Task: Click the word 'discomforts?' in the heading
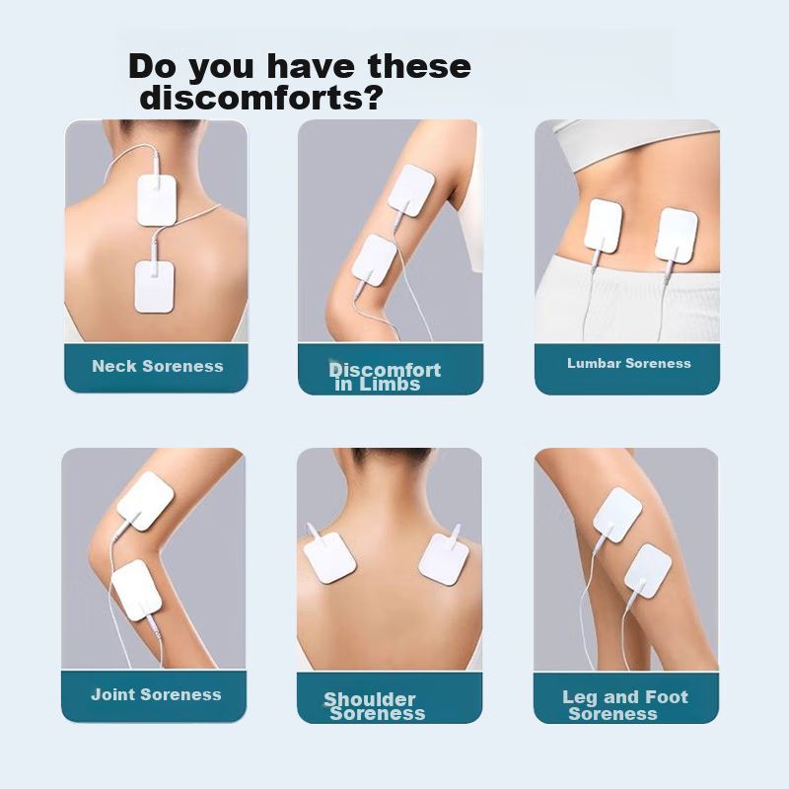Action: (260, 98)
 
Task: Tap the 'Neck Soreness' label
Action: (158, 366)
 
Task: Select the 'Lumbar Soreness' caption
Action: (629, 363)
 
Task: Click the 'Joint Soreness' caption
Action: (156, 694)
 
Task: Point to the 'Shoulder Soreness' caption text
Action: (375, 706)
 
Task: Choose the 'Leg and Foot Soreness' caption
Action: (625, 705)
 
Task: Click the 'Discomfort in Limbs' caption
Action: (385, 377)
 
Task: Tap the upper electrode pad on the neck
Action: (157, 200)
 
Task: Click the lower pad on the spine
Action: (154, 286)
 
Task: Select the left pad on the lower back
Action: (604, 226)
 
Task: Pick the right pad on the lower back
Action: (677, 235)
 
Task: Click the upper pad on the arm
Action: (411, 190)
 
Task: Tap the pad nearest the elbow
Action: (375, 260)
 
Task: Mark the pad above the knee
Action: (145, 501)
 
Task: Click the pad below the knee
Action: (136, 590)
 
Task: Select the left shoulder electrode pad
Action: (329, 558)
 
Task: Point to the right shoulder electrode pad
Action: (444, 559)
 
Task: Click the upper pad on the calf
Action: (617, 515)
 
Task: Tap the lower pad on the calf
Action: (648, 571)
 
